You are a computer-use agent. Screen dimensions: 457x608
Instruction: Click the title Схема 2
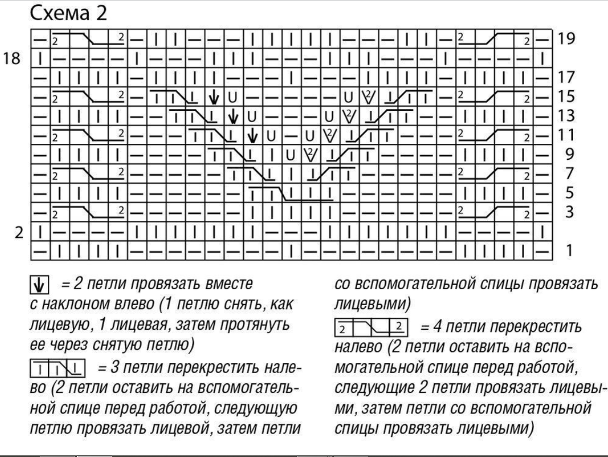69,14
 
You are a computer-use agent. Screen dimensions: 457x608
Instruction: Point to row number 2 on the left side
18,232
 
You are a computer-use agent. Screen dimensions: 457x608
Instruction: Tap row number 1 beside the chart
569,250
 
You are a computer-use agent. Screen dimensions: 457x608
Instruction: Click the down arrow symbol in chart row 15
214,97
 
